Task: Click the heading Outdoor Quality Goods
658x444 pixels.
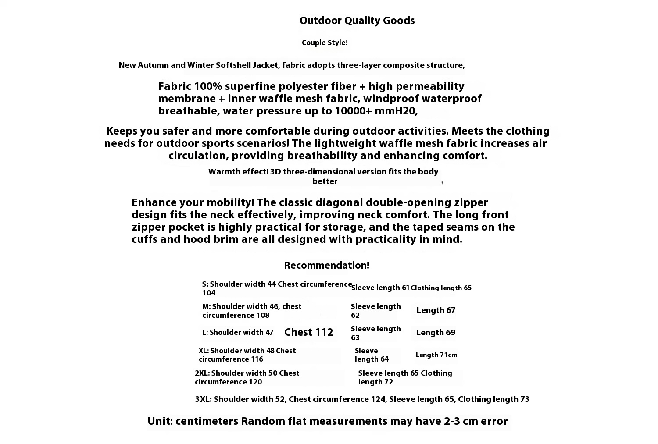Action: [357, 21]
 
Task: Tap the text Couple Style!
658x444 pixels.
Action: [325, 43]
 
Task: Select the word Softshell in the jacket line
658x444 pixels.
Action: [233, 65]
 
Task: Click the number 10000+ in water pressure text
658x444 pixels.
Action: [353, 111]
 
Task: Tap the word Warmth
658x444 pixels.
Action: [223, 172]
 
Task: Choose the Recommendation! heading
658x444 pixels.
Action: [326, 266]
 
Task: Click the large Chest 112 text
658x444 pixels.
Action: [309, 332]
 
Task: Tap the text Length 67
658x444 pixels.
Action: [436, 310]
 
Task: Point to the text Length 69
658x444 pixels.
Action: [436, 333]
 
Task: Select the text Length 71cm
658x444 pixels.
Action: [436, 355]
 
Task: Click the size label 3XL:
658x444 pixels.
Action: [204, 399]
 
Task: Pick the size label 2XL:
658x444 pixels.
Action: [202, 373]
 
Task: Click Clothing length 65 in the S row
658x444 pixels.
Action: [441, 288]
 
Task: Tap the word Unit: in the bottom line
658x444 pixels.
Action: [160, 422]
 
